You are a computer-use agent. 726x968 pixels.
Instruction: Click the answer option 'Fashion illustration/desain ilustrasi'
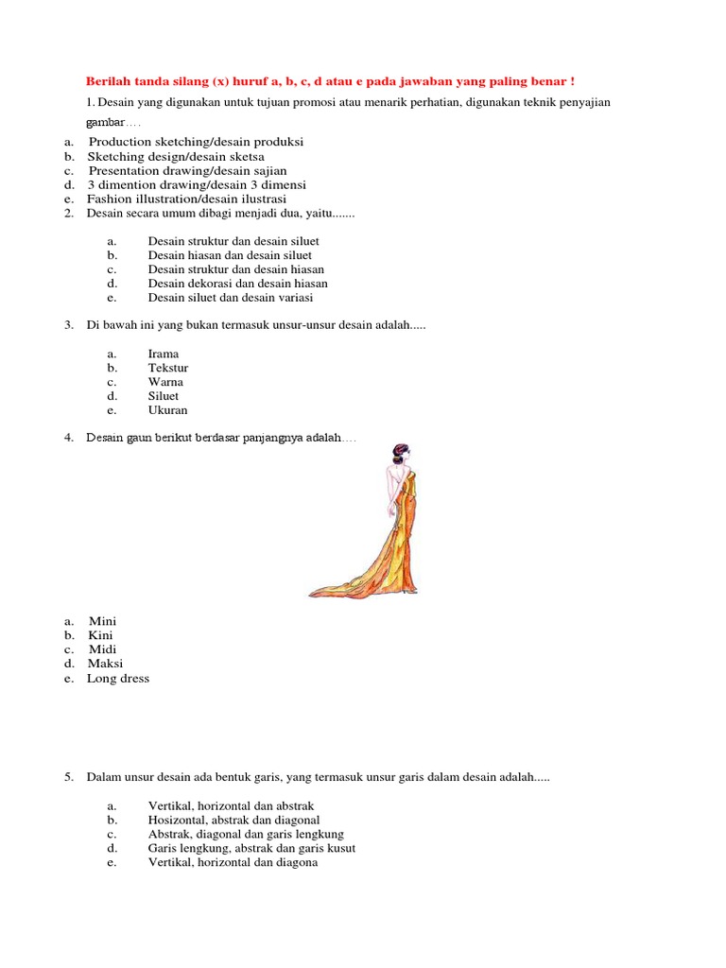tap(186, 199)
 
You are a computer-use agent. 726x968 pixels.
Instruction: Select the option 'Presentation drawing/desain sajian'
tap(187, 171)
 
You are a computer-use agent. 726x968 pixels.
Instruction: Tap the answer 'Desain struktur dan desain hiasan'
tap(230, 269)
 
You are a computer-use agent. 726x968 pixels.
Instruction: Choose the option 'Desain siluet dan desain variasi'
tap(230, 298)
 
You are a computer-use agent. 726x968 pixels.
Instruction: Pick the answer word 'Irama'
tap(164, 354)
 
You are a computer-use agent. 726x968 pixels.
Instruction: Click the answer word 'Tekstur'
tap(168, 369)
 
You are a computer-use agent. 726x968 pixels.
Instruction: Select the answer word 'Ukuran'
tap(168, 411)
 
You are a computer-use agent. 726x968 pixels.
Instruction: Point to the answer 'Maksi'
tap(106, 664)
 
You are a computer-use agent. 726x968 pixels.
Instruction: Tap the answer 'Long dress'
tap(118, 679)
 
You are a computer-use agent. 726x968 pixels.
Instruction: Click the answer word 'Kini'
tap(101, 635)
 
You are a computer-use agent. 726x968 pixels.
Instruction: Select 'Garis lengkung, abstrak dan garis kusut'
tap(251, 848)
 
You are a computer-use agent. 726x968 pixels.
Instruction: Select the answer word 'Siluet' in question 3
tap(164, 397)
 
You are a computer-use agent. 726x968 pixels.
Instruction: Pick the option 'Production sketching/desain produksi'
tap(196, 142)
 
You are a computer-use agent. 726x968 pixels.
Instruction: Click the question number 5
tap(69, 777)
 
